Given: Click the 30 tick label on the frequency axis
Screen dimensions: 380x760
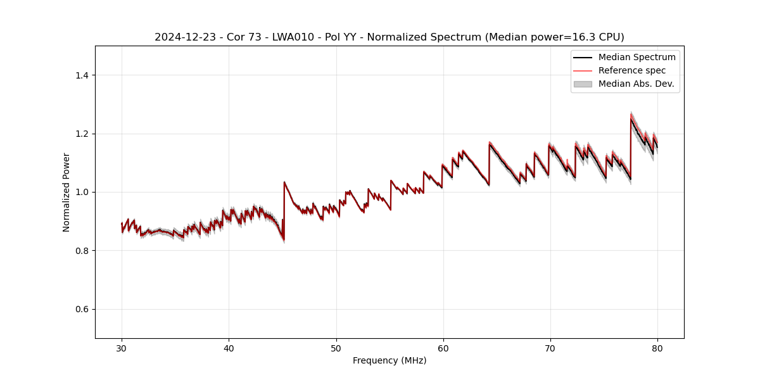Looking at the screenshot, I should pos(122,348).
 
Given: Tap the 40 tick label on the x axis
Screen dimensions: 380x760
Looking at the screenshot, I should pos(229,348).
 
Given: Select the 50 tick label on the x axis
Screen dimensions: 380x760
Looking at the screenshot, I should pos(336,348).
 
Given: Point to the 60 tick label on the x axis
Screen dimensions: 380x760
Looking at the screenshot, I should pos(443,348).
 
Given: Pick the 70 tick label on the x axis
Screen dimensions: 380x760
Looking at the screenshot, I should pos(550,348).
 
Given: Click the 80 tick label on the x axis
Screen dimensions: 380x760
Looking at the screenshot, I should pos(657,348).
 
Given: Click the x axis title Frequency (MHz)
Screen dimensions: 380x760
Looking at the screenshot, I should pos(389,360).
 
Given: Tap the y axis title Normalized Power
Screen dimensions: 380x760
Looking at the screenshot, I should pos(66,192).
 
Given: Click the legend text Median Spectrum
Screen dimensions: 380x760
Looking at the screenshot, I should pos(637,57).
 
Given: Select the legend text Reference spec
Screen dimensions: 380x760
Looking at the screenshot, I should pos(632,70).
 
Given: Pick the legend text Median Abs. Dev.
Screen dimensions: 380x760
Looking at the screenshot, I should pos(636,84).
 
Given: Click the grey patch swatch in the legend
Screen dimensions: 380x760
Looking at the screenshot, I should pos(583,84).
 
